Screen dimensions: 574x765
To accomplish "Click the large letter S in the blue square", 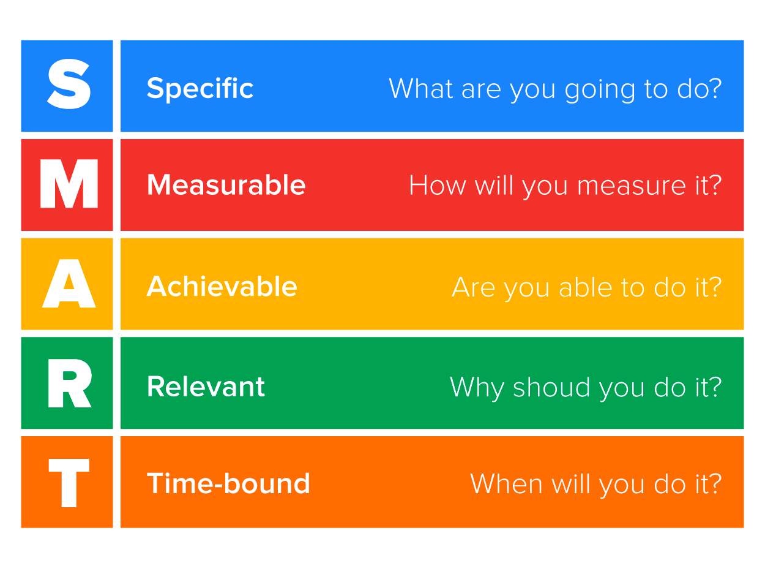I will pos(69,86).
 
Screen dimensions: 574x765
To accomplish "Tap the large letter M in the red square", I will pos(69,184).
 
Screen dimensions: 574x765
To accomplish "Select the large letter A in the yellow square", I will pos(69,284).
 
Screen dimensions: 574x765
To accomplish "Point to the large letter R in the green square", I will pos(69,383).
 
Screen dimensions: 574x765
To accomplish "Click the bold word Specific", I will pos(200,89).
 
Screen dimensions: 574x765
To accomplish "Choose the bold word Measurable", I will pos(226,185).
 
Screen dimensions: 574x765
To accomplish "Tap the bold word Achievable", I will pos(222,286).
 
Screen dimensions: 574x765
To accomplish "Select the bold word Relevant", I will pos(206,387).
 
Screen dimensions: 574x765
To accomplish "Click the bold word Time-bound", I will pos(228,483).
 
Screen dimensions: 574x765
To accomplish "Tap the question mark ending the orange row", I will pos(714,483).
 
